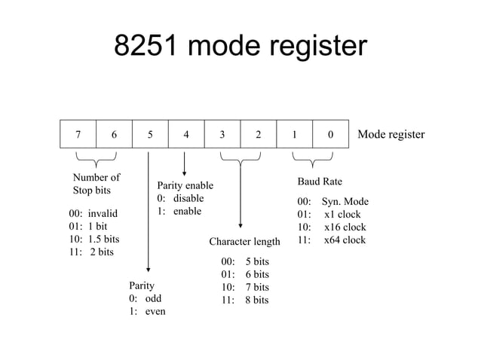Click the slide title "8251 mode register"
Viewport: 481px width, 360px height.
(240, 47)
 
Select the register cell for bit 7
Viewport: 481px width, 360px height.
(78, 136)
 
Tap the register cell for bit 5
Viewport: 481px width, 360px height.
(150, 136)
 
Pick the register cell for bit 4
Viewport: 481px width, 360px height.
(186, 136)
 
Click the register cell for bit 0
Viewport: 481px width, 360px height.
(331, 136)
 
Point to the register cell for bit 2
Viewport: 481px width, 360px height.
(259, 136)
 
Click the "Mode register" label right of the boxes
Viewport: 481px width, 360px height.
(391, 135)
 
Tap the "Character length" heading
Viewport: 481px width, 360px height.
(244, 242)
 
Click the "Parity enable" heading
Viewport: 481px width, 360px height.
(185, 185)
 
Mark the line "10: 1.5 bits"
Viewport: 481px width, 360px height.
(93, 239)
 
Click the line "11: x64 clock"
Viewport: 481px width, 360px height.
(331, 240)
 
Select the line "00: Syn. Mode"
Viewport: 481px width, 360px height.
(332, 202)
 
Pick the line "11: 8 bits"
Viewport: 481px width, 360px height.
(244, 300)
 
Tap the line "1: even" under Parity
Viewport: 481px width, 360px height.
(147, 311)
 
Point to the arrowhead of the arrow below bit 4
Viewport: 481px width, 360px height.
(185, 172)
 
